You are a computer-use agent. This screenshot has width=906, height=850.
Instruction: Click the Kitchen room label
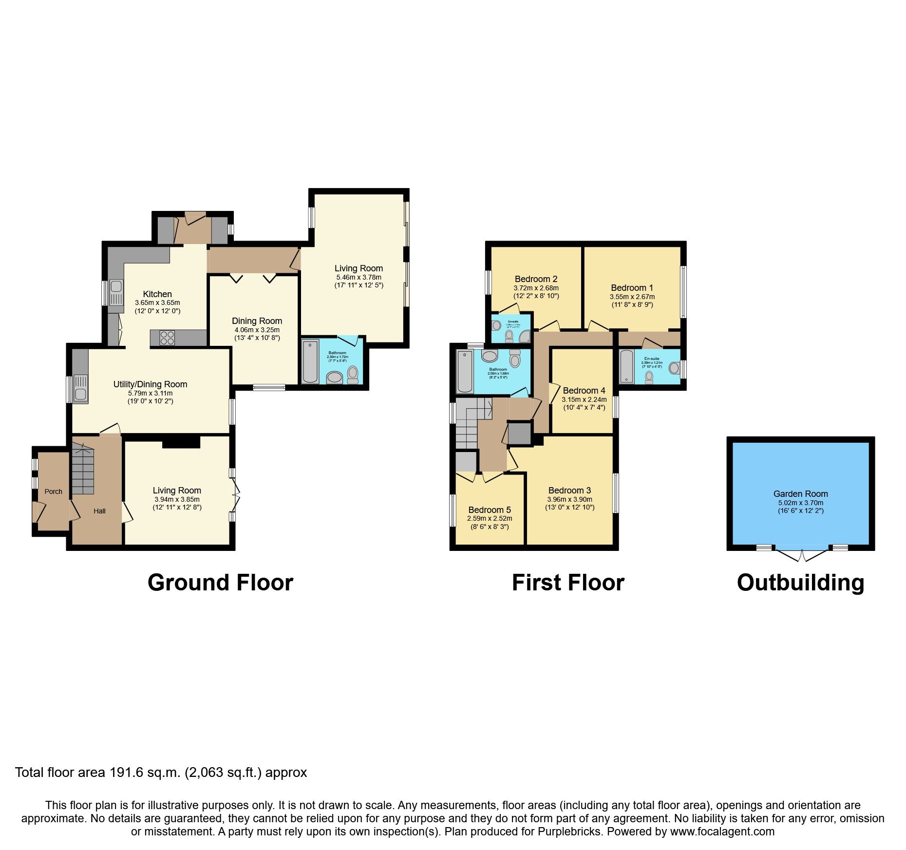tap(157, 294)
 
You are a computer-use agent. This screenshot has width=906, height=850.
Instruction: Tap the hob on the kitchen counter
tap(167, 338)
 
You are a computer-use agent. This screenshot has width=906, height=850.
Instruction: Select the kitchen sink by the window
tap(116, 292)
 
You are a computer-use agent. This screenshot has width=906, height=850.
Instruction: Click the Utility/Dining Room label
tap(150, 384)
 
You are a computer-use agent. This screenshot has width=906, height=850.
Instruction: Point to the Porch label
tap(54, 491)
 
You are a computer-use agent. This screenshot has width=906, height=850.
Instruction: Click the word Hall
tap(99, 511)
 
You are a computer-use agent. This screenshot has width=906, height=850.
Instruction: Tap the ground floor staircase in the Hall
tap(82, 468)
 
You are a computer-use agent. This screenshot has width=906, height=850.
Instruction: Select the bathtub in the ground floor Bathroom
tap(310, 361)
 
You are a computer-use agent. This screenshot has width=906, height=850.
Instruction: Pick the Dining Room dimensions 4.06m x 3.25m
tap(257, 330)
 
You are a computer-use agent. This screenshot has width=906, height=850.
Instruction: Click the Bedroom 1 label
tap(632, 288)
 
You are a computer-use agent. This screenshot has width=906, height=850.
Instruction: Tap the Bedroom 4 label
tap(584, 391)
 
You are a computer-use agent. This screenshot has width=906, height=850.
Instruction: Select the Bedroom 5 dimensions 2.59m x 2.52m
tap(490, 519)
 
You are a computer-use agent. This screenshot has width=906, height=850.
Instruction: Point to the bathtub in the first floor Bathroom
tap(465, 371)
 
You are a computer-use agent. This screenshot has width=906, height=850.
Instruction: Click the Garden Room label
tap(800, 494)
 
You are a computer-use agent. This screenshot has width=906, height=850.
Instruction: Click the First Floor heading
tap(567, 583)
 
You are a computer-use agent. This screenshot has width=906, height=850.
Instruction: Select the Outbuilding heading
tap(800, 583)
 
